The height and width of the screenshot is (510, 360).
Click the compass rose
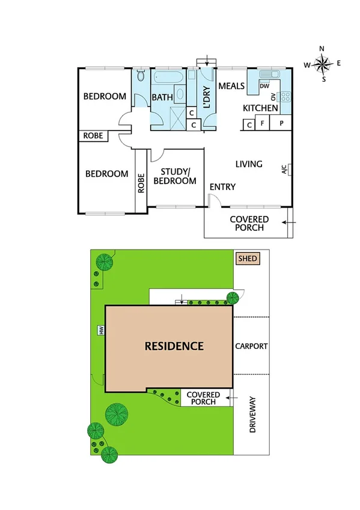[322, 63]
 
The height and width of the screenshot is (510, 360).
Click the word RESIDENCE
[174, 346]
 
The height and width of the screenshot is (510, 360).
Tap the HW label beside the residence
[101, 330]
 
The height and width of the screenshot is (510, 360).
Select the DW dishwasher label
[264, 87]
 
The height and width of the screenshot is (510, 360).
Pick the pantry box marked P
[281, 124]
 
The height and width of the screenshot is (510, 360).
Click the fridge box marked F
[263, 124]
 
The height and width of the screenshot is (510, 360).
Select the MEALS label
[231, 86]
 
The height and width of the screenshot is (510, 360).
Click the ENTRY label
[222, 187]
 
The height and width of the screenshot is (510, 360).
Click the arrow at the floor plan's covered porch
[288, 225]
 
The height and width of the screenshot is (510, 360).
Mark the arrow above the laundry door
[207, 60]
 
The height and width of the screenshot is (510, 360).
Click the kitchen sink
[270, 75]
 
